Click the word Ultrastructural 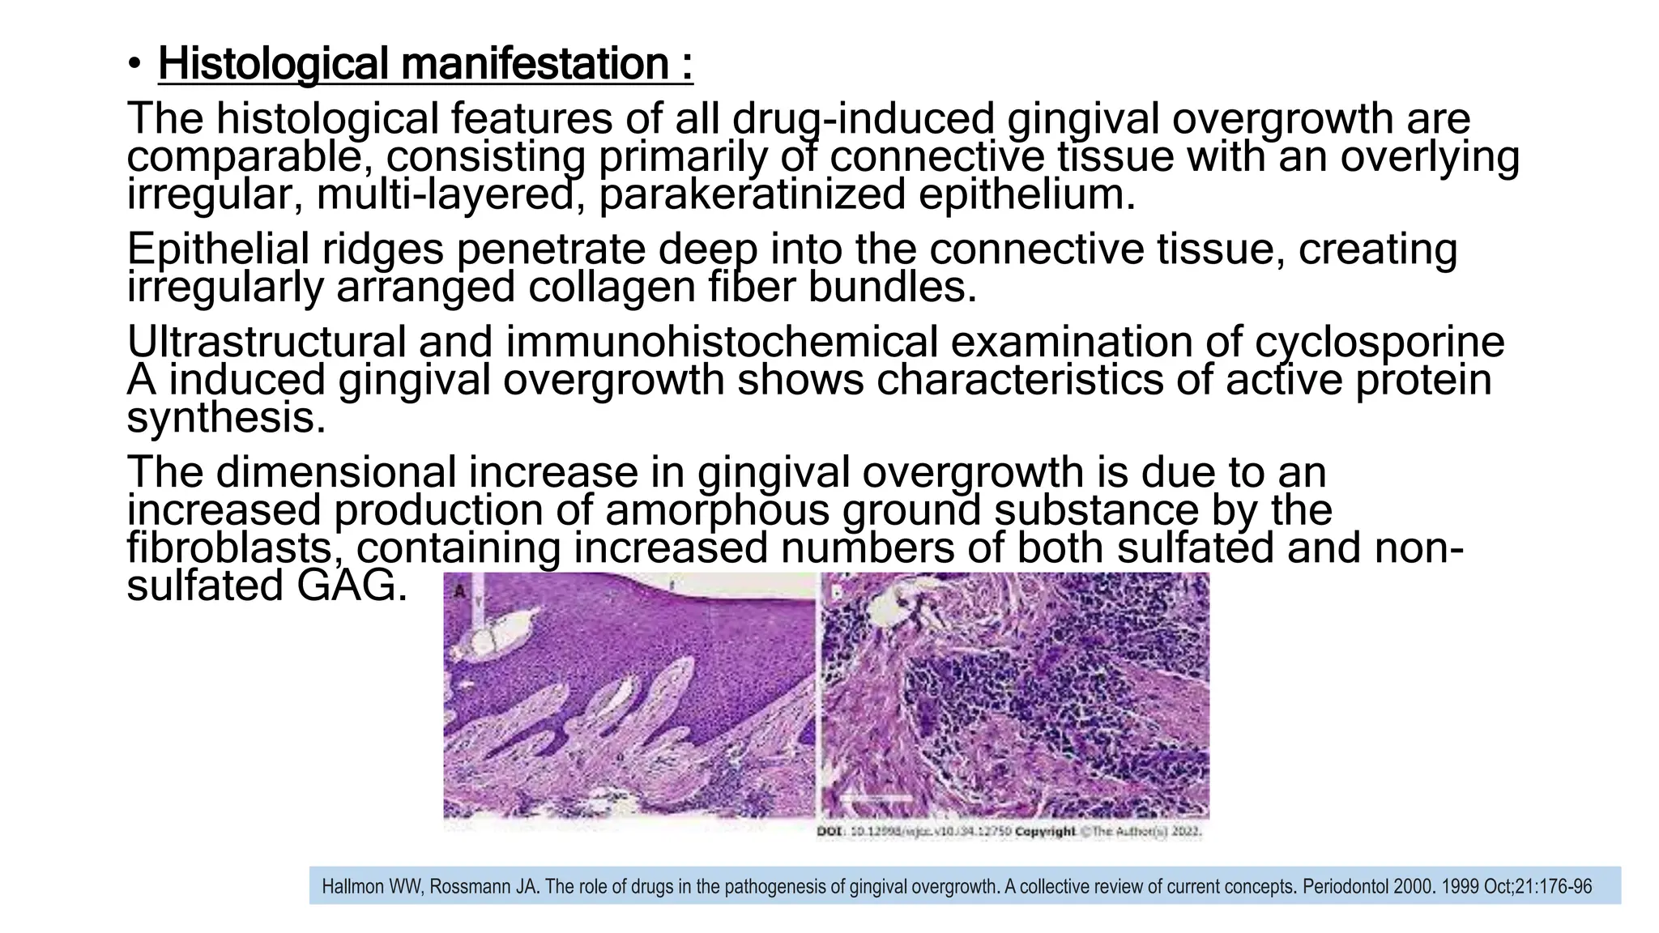click(267, 342)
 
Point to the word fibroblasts click(230, 548)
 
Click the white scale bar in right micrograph click(879, 798)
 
